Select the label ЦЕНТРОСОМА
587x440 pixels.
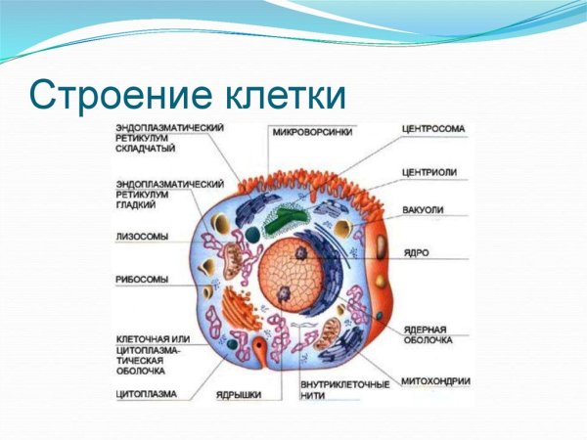[433, 128]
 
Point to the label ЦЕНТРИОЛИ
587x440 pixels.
[429, 172]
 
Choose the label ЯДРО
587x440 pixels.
[415, 251]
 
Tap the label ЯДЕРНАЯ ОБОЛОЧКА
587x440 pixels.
[426, 334]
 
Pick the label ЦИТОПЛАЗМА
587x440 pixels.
[147, 395]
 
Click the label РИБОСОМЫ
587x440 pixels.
[142, 279]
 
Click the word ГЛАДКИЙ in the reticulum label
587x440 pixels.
[136, 205]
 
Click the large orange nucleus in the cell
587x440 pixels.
[293, 273]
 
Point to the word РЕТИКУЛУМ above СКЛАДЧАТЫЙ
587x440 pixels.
[144, 139]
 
